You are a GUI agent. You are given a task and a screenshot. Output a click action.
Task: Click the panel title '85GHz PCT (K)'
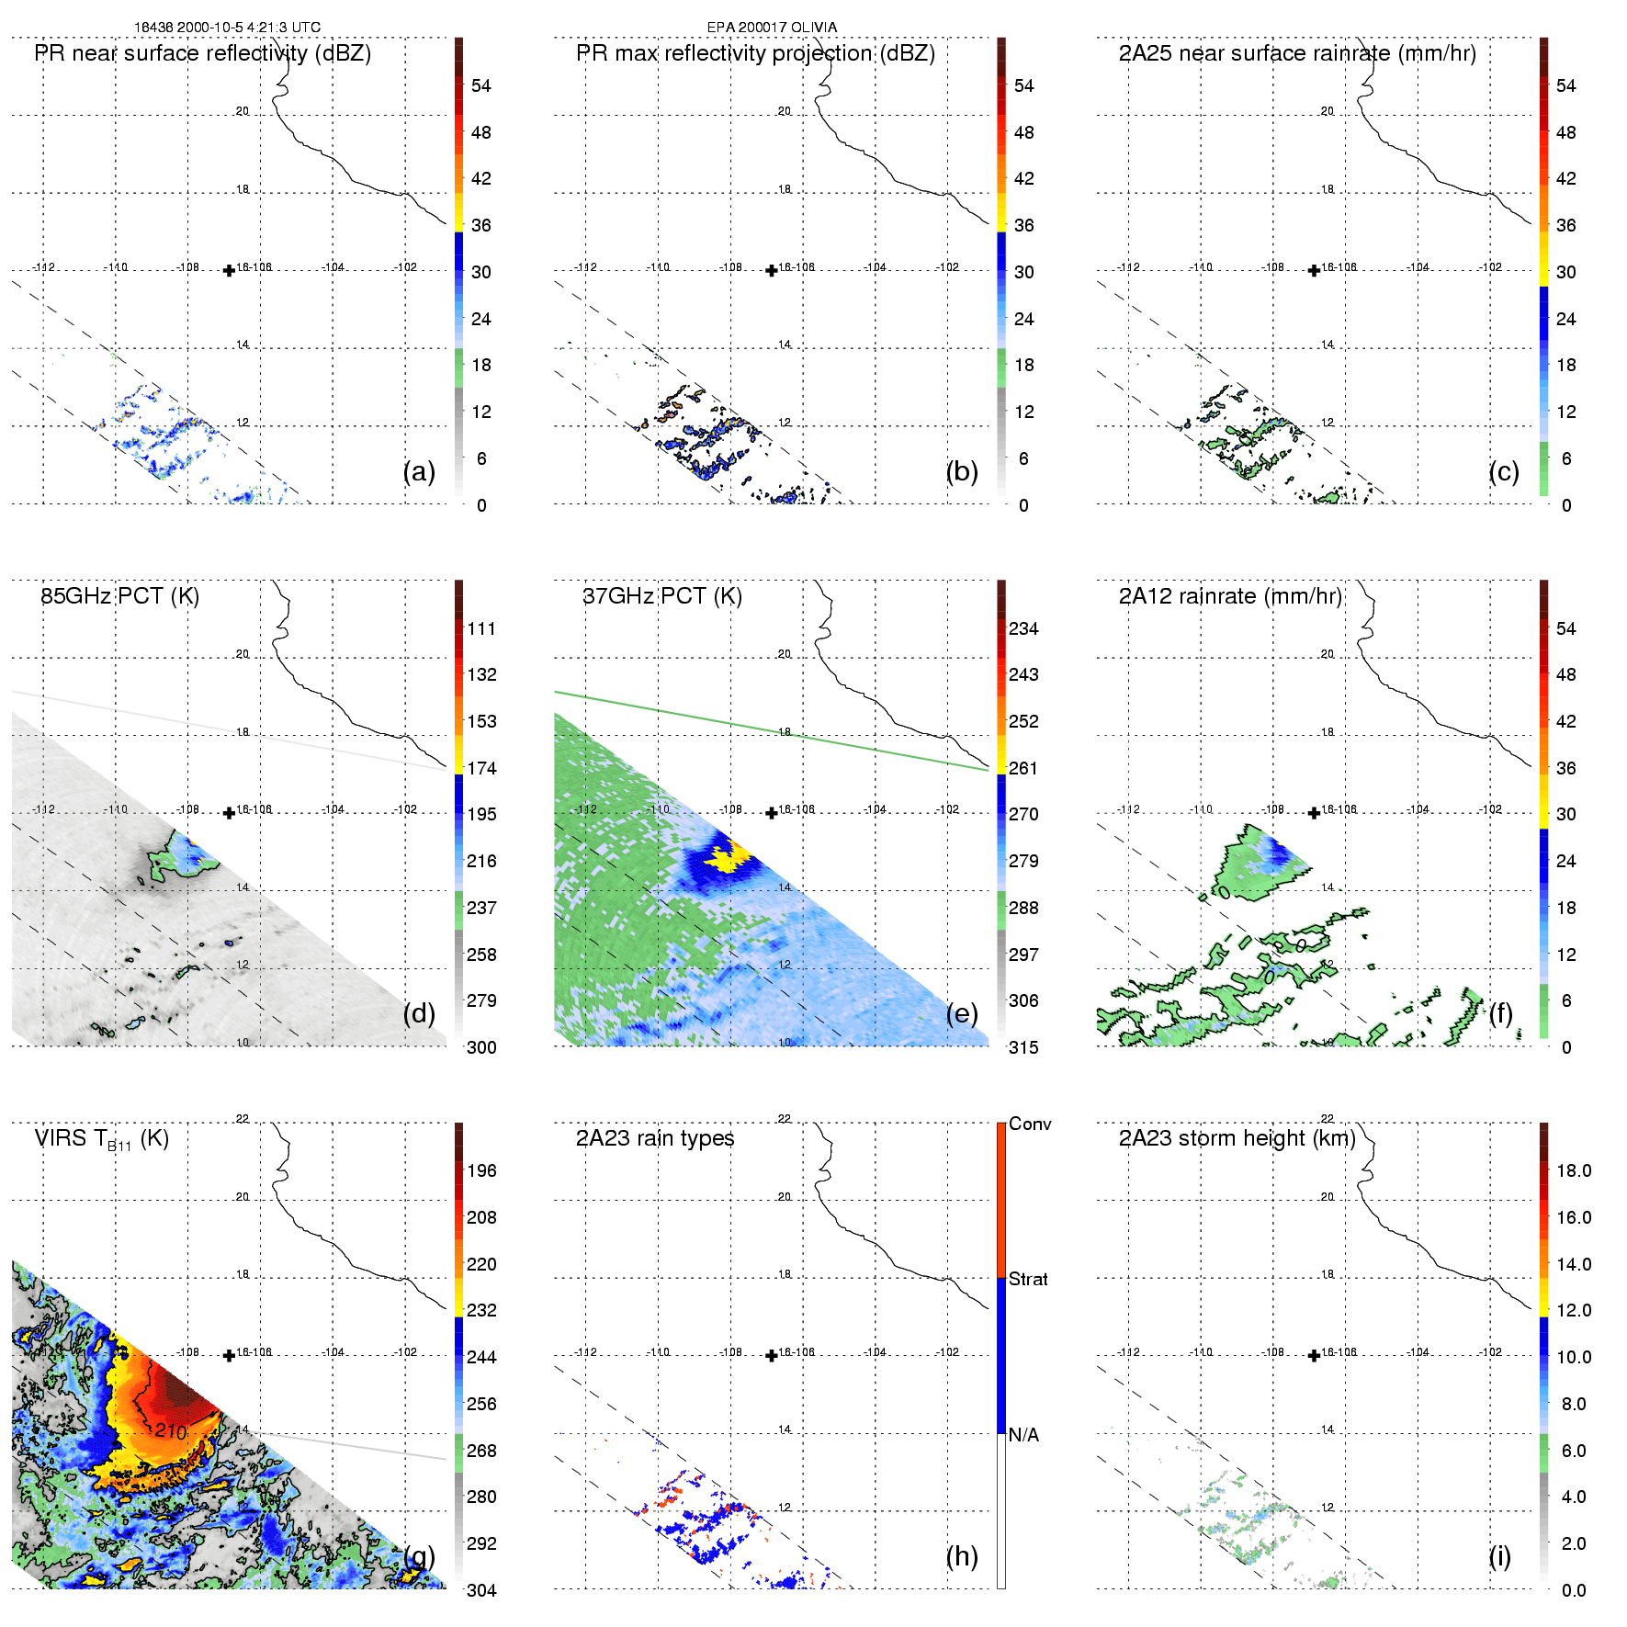[x=119, y=596]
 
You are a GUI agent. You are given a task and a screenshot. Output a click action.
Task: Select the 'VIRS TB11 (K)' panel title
[x=101, y=1139]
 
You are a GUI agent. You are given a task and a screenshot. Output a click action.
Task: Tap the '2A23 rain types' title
[x=655, y=1138]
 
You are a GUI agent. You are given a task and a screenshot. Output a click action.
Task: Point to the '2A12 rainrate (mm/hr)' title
[x=1230, y=596]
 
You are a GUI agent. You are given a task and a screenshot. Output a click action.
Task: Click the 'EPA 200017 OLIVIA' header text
[x=772, y=28]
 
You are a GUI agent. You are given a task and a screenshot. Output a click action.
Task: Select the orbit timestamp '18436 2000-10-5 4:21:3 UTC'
[x=227, y=28]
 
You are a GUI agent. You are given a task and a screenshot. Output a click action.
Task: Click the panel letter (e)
[x=961, y=1013]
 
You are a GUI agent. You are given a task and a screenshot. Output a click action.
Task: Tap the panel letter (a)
[x=419, y=471]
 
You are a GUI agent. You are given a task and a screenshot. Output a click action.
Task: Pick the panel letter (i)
[x=1499, y=1556]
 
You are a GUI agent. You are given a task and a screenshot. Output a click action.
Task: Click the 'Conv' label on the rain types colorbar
[x=1030, y=1124]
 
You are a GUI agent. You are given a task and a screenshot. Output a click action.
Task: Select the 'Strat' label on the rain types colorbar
[x=1028, y=1279]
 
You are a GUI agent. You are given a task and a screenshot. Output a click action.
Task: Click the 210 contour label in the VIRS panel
[x=171, y=1431]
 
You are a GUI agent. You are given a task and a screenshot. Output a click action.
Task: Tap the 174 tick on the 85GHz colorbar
[x=481, y=768]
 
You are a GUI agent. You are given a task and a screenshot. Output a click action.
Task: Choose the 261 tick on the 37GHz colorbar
[x=1023, y=768]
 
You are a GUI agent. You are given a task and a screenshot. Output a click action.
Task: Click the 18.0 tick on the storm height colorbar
[x=1574, y=1170]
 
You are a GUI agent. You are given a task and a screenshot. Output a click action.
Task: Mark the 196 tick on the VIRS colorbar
[x=481, y=1170]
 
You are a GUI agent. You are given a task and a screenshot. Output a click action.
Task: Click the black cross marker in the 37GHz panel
[x=772, y=813]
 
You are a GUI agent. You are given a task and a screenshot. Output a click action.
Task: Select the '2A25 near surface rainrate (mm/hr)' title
[x=1297, y=53]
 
